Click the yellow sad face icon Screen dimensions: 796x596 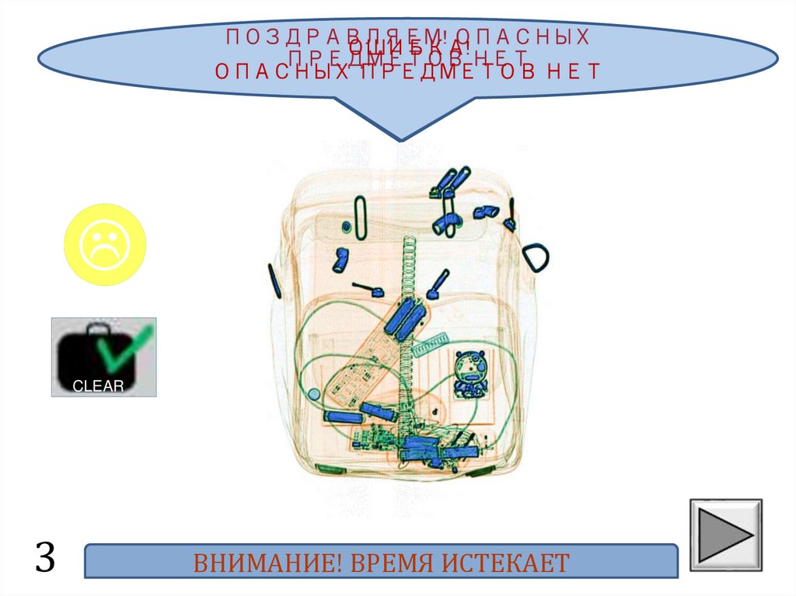[104, 245]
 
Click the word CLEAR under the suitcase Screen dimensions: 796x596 [98, 386]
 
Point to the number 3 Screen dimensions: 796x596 [45, 558]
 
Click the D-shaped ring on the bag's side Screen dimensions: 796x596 [536, 256]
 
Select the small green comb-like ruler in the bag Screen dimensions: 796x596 [432, 343]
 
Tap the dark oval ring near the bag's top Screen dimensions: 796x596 [358, 217]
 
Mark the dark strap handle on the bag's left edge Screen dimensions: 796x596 [274, 281]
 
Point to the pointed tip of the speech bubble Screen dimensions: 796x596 [403, 140]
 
